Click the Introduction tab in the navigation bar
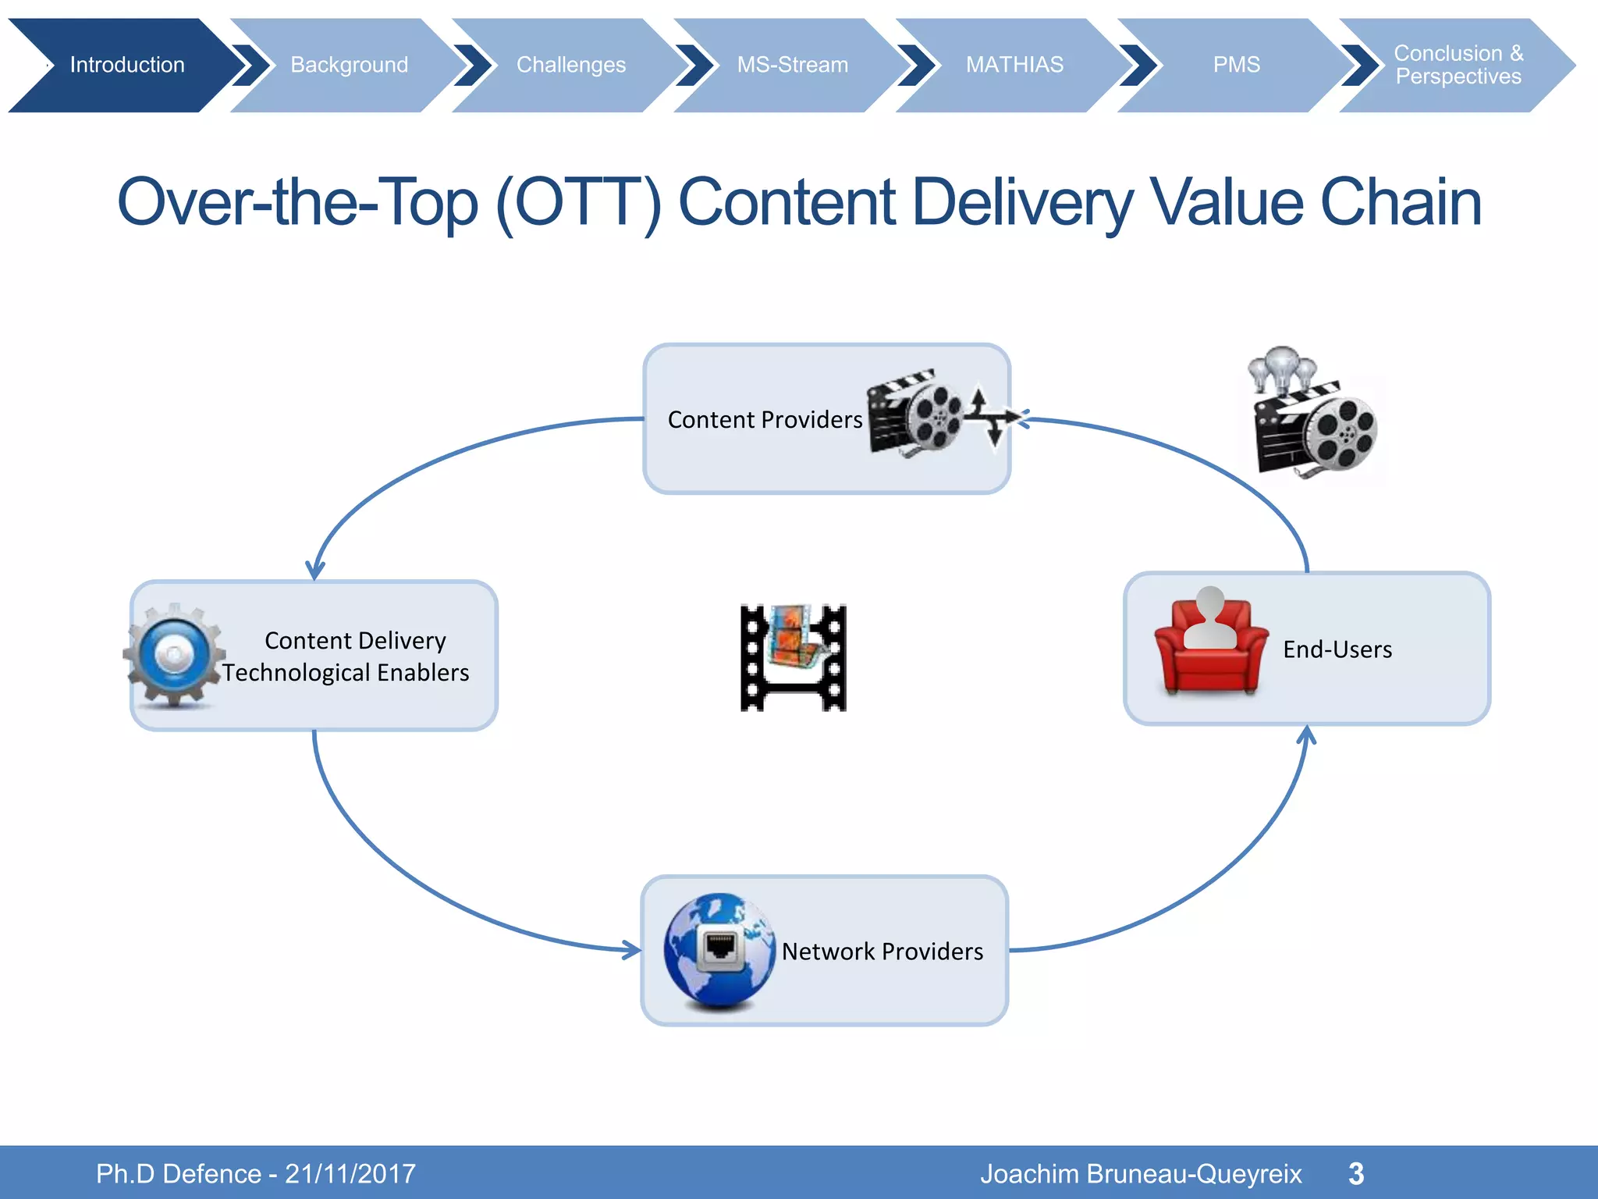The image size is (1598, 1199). coord(126,65)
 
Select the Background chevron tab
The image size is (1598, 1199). coord(349,65)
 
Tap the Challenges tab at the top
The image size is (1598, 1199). coord(570,65)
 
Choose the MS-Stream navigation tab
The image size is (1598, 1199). coord(792,65)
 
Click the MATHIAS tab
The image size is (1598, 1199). coord(1014,65)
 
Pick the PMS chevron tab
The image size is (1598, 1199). coord(1236,65)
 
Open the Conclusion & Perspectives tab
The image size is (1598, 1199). coord(1458,65)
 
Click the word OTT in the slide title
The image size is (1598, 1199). coord(578,202)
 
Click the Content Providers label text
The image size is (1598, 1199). coord(765,420)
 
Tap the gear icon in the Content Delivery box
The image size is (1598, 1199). coord(174,655)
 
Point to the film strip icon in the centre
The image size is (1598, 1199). coord(793,657)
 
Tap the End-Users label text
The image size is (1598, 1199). coord(1337,649)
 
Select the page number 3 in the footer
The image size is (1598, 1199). coord(1356,1173)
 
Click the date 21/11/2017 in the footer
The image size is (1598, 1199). coord(350,1173)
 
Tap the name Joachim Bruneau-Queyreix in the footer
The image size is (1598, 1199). coord(1141,1173)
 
